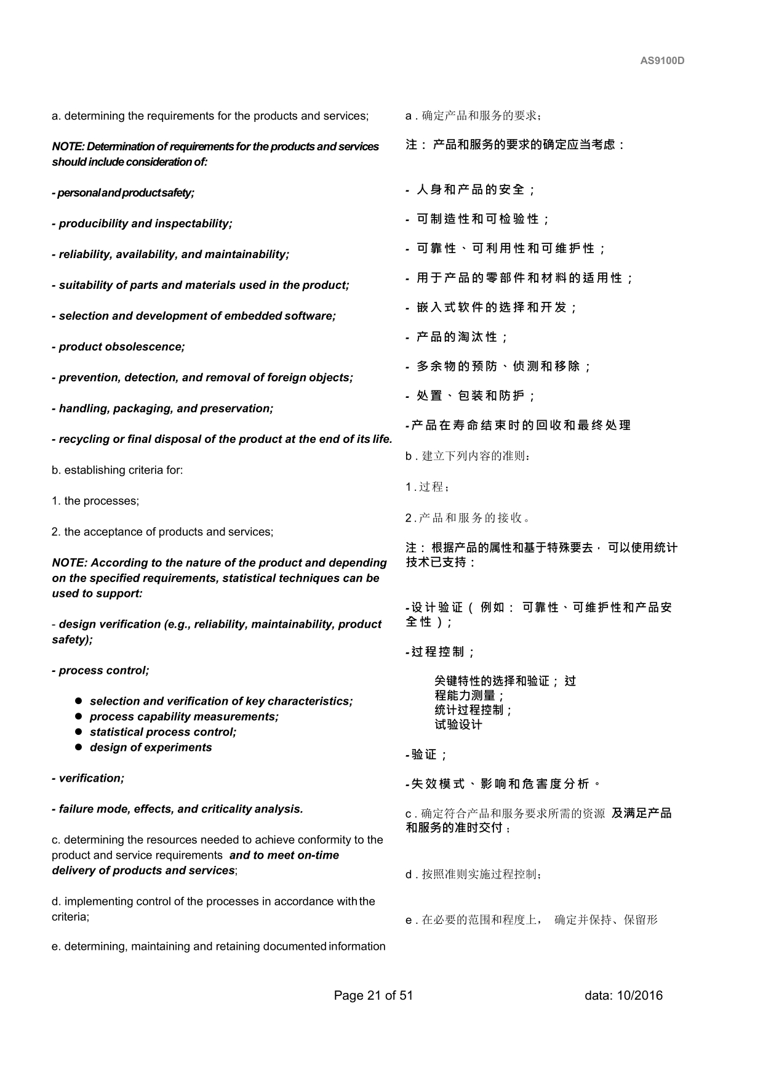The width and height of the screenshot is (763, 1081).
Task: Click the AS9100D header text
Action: [662, 60]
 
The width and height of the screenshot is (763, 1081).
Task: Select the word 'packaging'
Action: [148, 408]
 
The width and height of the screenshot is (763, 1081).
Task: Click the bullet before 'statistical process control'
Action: [79, 732]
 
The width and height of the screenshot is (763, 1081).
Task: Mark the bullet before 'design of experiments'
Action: [79, 747]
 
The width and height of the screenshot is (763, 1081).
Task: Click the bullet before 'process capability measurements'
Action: [79, 716]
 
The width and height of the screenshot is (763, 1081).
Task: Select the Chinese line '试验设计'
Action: [458, 725]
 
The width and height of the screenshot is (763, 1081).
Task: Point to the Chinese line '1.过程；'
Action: [428, 487]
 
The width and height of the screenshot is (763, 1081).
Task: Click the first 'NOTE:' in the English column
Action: [68, 147]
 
